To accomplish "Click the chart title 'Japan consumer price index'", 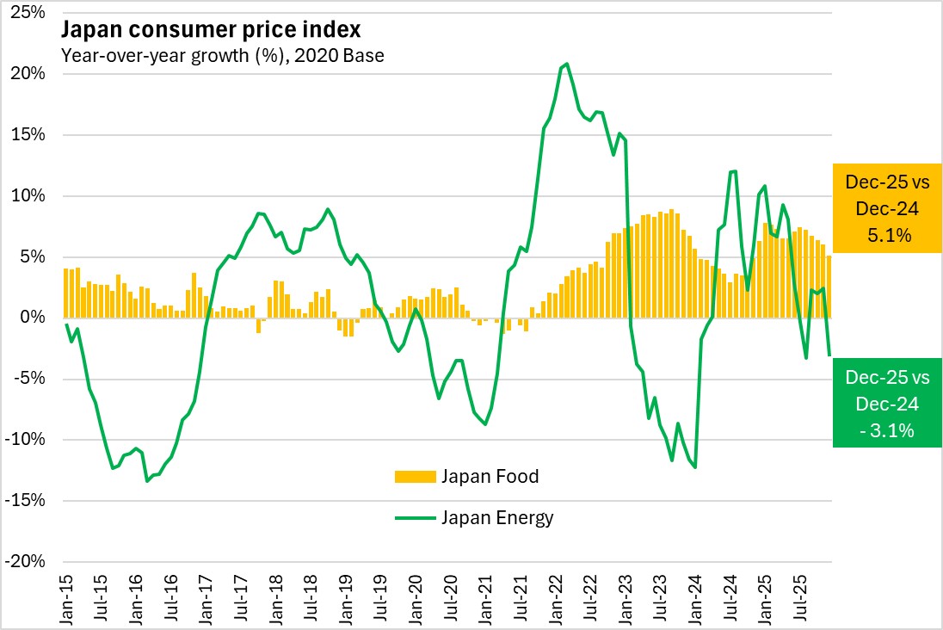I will [x=210, y=30].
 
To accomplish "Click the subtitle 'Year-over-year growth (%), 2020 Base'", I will [x=222, y=56].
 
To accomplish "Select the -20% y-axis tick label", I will [x=28, y=561].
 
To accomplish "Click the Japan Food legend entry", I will [x=490, y=476].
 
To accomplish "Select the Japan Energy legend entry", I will [x=497, y=517].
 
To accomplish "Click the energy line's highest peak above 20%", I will [x=565, y=64].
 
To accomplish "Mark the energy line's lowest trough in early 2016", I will [x=147, y=480].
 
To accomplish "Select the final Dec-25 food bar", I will [x=829, y=287].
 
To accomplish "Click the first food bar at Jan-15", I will [x=66, y=293].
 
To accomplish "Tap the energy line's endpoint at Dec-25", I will [x=829, y=355].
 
